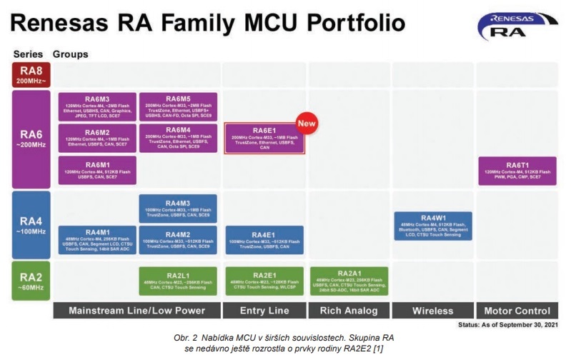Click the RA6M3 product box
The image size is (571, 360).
[97, 106]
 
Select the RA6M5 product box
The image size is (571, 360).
[179, 106]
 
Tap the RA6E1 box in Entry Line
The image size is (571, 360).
[264, 138]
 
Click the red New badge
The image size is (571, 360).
[307, 123]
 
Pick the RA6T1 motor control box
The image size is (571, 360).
[517, 169]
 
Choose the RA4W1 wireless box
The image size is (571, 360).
[433, 225]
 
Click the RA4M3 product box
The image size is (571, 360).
[179, 208]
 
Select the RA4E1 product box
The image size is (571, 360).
[264, 240]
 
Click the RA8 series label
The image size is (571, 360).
[30, 74]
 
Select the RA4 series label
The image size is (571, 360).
[30, 224]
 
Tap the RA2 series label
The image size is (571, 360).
[30, 281]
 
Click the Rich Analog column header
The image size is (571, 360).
[349, 311]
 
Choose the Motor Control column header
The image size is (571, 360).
[517, 311]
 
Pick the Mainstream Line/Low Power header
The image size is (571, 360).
[136, 311]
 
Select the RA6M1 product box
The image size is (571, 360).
[97, 169]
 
